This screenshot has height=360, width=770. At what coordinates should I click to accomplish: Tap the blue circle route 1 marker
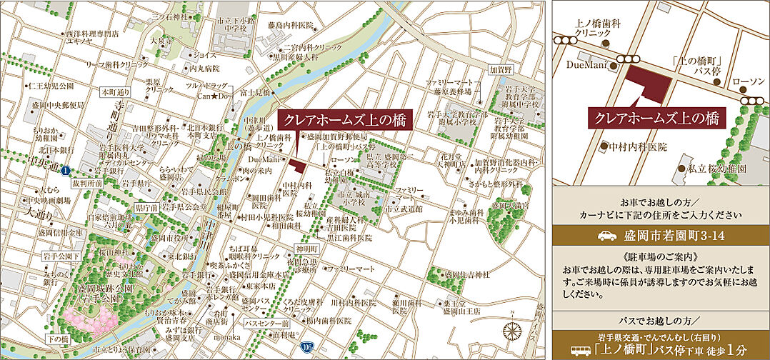coord(65,171)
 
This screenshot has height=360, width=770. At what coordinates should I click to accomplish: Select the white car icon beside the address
coord(606,235)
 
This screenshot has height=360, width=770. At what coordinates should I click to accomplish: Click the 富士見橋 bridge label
coord(255,92)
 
